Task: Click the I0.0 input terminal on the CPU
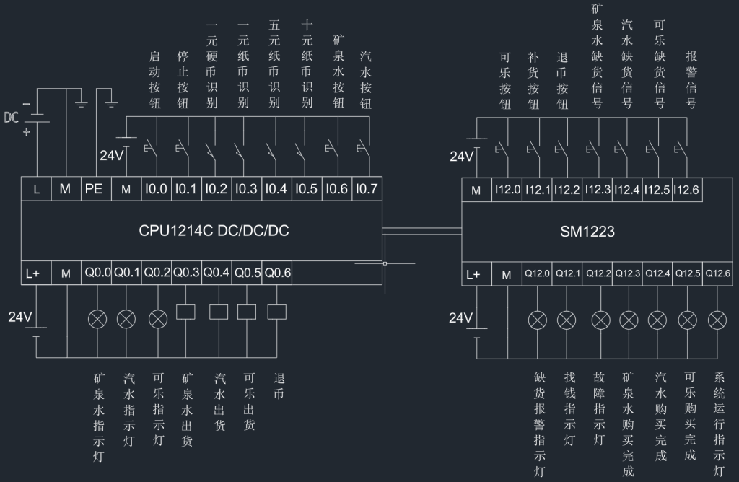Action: pyautogui.click(x=156, y=190)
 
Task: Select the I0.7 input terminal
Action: pyautogui.click(x=367, y=190)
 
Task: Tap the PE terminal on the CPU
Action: pyautogui.click(x=94, y=190)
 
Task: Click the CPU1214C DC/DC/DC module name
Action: pyautogui.click(x=214, y=232)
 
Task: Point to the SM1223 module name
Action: pyautogui.click(x=587, y=232)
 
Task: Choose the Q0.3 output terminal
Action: pyautogui.click(x=186, y=273)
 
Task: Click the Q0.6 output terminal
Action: pyautogui.click(x=278, y=273)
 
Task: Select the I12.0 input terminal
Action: pyautogui.click(x=507, y=190)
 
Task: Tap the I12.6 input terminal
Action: pyautogui.click(x=686, y=190)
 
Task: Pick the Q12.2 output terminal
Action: pyautogui.click(x=598, y=273)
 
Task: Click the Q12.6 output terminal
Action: pyautogui.click(x=717, y=273)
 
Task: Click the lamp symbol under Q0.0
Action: pyautogui.click(x=97, y=318)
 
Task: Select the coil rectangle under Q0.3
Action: pyautogui.click(x=186, y=312)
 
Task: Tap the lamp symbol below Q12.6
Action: pyautogui.click(x=717, y=320)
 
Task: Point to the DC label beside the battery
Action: pyautogui.click(x=12, y=118)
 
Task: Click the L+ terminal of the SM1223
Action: pyautogui.click(x=473, y=273)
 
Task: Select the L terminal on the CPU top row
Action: pyautogui.click(x=36, y=190)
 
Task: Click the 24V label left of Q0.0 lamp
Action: pyautogui.click(x=20, y=316)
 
